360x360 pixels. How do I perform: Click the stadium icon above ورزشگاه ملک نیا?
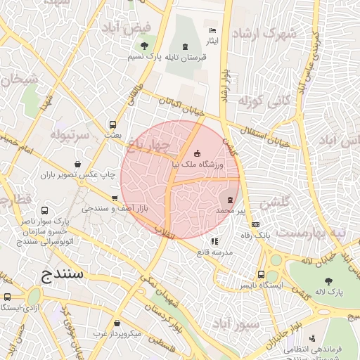[197, 153]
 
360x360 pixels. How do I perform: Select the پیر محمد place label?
[231, 210]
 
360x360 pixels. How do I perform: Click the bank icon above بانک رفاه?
[255, 225]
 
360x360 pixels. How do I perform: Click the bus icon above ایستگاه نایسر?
[262, 275]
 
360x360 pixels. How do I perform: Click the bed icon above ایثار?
[212, 31]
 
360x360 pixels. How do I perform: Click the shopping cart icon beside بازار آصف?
[114, 199]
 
